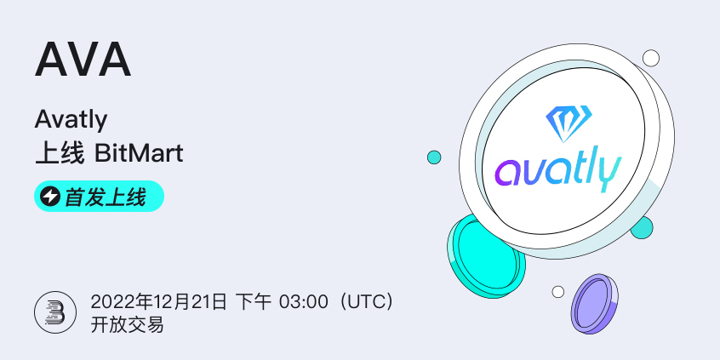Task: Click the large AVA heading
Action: tap(83, 60)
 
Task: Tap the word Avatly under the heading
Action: tap(71, 120)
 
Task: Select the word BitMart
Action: tap(139, 154)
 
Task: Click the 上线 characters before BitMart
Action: tap(60, 154)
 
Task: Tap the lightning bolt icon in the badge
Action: tap(50, 197)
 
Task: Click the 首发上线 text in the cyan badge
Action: tap(106, 197)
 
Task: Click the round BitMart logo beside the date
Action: tap(55, 312)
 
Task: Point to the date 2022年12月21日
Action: tap(158, 303)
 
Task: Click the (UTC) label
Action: tap(365, 303)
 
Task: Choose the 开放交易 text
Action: tap(127, 326)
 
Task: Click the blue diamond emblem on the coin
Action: tap(569, 123)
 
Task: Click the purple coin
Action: tap(595, 304)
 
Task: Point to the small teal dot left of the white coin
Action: tap(434, 157)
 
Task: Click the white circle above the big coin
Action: tap(651, 59)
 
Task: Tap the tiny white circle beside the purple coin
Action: tap(558, 292)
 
